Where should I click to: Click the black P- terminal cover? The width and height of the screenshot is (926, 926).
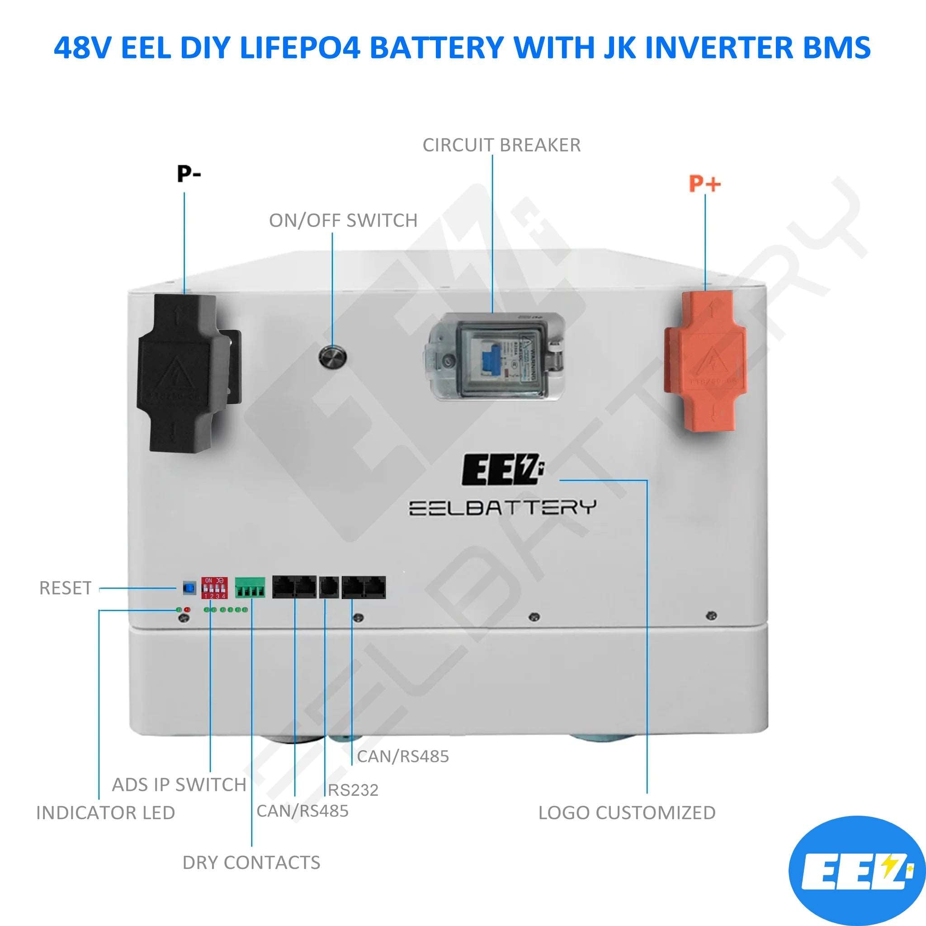pyautogui.click(x=184, y=373)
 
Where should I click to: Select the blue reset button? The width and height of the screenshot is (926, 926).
pyautogui.click(x=190, y=588)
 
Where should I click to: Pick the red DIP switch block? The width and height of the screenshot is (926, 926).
pyautogui.click(x=214, y=588)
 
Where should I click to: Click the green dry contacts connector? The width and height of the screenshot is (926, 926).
pyautogui.click(x=250, y=588)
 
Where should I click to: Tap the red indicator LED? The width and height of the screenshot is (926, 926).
pyautogui.click(x=187, y=609)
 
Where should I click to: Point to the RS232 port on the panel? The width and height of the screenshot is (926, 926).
pyautogui.click(x=329, y=588)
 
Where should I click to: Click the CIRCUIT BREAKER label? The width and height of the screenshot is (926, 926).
pyautogui.click(x=501, y=145)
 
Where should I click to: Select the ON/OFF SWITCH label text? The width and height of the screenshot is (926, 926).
pyautogui.click(x=343, y=221)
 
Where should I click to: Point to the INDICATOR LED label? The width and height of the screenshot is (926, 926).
pyautogui.click(x=105, y=813)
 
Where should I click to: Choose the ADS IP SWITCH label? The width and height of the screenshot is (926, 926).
pyautogui.click(x=179, y=784)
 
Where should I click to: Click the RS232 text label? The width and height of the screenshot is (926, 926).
pyautogui.click(x=353, y=790)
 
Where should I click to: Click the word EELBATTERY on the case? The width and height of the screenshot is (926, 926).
pyautogui.click(x=502, y=508)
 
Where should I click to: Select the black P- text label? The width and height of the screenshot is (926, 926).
pyautogui.click(x=189, y=174)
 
